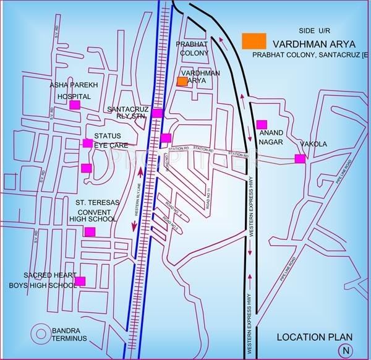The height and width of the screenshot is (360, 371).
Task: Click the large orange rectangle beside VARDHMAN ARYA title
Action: pos(254,41)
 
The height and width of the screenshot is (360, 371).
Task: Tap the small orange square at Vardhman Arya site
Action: pos(182,81)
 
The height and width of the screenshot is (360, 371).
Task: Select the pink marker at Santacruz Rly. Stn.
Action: pos(158,113)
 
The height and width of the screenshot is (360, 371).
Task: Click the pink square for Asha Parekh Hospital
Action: pos(75,105)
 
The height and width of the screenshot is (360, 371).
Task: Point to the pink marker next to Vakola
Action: pos(300,158)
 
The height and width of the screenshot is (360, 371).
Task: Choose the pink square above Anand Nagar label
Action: pos(262,124)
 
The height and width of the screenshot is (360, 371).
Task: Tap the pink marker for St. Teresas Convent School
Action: pos(90,232)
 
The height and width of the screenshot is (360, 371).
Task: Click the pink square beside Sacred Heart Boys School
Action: pos(80,281)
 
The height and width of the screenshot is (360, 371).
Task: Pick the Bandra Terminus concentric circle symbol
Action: pos(42,333)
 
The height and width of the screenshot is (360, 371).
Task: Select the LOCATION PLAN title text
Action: pos(314,336)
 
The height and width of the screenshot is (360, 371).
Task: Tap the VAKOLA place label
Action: pos(313,144)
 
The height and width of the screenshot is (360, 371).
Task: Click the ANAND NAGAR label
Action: pos(271,137)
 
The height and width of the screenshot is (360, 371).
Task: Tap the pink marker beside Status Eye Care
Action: pos(87,144)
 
